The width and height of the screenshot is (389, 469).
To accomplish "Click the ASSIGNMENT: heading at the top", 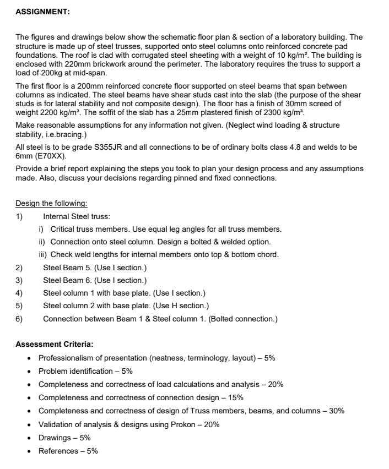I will (42, 12).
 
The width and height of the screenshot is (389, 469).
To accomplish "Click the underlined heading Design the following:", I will (51, 203).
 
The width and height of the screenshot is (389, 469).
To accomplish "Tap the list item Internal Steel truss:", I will (77, 216).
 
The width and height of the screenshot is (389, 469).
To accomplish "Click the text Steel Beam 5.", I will (66, 268).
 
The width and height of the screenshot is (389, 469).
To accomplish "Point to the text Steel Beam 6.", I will (66, 280).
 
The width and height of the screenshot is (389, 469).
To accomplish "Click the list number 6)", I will (19, 319).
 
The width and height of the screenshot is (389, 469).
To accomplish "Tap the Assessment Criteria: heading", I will (54, 344).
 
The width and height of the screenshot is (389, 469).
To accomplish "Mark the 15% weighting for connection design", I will (235, 397).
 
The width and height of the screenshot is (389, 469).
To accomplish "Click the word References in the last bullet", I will (58, 451).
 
